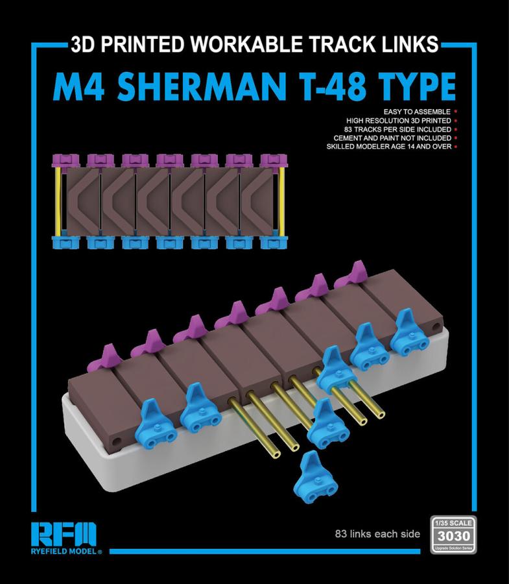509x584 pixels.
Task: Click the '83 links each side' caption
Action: (377, 534)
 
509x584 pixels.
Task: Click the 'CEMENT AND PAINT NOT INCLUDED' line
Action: (392, 138)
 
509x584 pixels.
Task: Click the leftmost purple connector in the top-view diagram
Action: (65, 160)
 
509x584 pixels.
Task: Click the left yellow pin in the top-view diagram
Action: (58, 201)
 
